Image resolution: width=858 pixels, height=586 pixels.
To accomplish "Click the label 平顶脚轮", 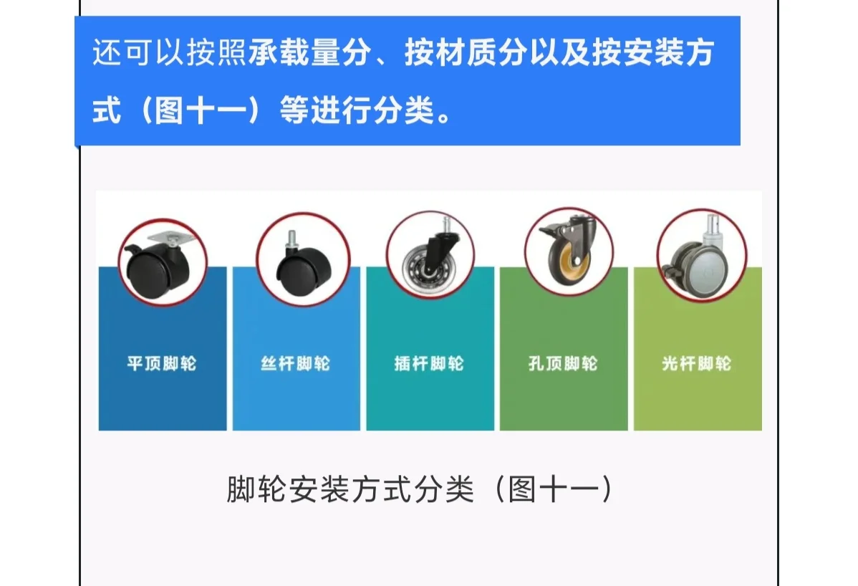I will tap(161, 364).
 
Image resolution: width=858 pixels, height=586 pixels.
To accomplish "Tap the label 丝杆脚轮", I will tap(295, 364).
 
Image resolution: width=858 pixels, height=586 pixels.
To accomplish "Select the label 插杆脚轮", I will tap(429, 364).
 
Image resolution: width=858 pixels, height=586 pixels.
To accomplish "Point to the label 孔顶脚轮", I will tap(563, 364).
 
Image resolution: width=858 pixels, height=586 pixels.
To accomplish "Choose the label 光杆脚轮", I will tap(696, 364).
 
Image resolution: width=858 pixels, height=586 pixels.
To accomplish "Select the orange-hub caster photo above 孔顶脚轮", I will tap(568, 251).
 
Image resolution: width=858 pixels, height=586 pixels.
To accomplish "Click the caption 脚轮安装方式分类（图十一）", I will tap(420, 491).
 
